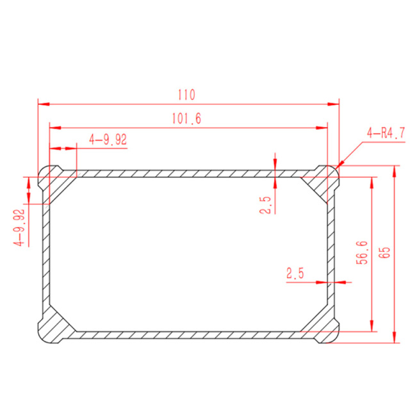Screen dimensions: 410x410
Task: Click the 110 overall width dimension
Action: (186, 95)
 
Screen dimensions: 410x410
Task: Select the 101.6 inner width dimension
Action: (186, 119)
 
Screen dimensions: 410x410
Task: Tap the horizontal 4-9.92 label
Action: (108, 140)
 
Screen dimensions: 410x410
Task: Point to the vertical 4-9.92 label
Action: (19, 227)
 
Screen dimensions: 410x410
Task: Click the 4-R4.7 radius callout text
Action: (386, 133)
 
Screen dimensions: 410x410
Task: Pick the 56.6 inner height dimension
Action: (362, 252)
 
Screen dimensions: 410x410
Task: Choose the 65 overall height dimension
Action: (384, 252)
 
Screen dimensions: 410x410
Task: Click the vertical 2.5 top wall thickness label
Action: (265, 205)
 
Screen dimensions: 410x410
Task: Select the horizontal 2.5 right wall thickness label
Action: (295, 274)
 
